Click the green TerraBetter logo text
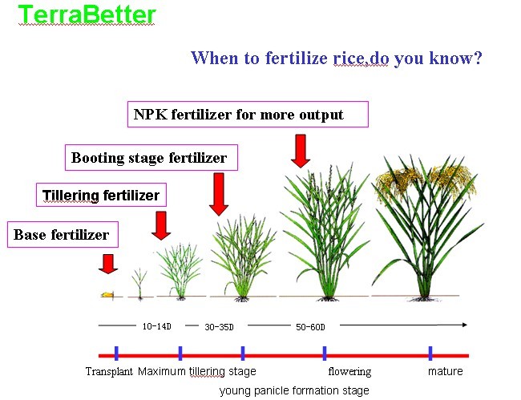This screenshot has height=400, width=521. click(87, 14)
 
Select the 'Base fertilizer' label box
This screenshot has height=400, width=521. click(63, 235)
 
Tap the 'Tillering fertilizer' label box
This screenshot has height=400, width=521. click(101, 195)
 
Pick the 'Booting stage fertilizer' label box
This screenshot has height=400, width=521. click(151, 157)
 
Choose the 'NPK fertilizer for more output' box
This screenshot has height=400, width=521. click(248, 115)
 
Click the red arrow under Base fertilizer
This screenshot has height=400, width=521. click(108, 264)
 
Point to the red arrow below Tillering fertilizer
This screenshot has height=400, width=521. click(161, 225)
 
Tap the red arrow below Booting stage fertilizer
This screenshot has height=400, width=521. click(219, 194)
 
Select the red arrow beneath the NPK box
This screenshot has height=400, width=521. click(301, 152)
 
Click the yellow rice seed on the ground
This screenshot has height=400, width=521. click(107, 294)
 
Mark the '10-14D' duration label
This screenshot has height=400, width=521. click(157, 326)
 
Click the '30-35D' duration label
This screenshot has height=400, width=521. click(220, 327)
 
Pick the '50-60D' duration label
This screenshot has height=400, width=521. click(310, 327)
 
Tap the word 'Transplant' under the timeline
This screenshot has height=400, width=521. click(109, 371)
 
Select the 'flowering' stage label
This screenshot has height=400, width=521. click(349, 371)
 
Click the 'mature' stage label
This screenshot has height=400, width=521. click(445, 371)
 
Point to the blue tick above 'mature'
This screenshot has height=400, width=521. click(430, 354)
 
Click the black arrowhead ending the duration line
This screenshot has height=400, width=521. click(465, 325)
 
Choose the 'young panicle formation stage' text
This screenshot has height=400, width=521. click(294, 390)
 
